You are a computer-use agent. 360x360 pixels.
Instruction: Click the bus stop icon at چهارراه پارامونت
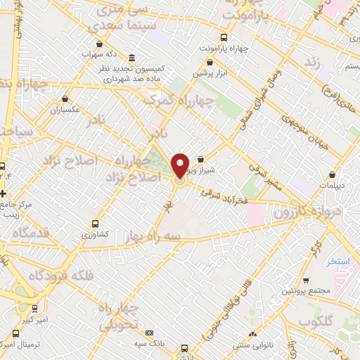[x=224, y=37]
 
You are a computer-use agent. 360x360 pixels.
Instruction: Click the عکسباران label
[x=65, y=110]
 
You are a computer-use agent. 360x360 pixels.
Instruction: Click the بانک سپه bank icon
[x=149, y=333]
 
